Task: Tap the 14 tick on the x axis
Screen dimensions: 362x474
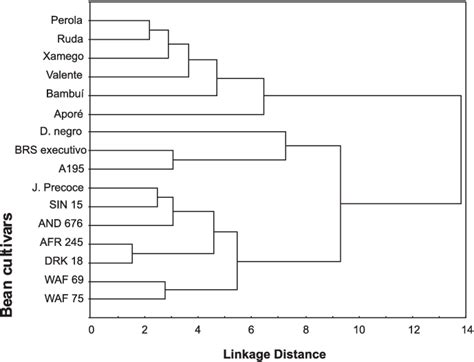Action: tap(464, 327)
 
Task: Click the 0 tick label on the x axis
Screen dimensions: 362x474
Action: tap(91, 327)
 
